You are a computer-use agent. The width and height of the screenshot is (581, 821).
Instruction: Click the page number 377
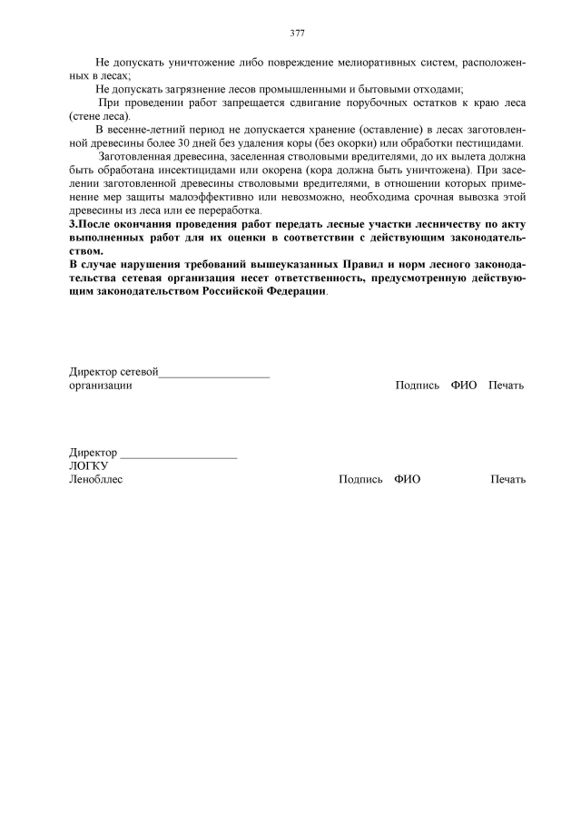point(297,33)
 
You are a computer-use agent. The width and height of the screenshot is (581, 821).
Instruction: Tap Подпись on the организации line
point(418,386)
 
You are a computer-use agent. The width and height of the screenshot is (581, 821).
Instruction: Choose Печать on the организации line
point(506,386)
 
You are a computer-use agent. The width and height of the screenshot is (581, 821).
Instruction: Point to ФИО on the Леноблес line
point(408,480)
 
